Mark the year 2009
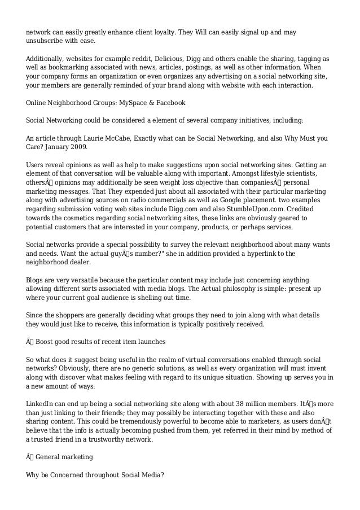(x=76, y=147)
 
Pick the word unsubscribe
(x=46, y=41)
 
